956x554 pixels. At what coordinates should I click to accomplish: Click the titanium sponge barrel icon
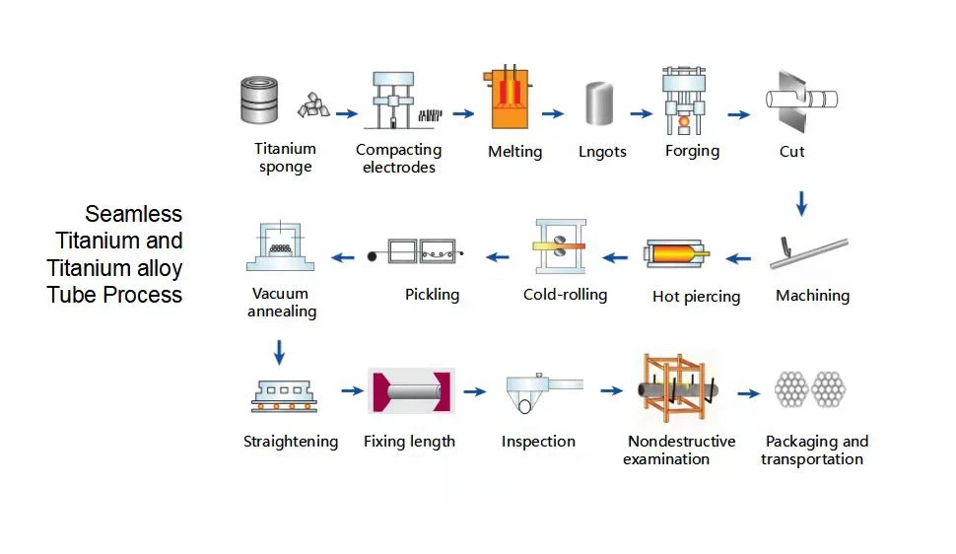point(259,100)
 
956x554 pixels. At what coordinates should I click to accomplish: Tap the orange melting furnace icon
point(508,98)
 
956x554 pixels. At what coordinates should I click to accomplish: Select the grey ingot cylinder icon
point(598,104)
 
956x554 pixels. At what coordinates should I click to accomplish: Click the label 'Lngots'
point(602,151)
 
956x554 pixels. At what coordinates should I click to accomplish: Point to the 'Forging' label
point(692,151)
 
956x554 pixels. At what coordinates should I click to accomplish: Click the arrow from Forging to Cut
point(738,114)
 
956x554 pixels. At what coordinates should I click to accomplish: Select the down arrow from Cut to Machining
point(801,204)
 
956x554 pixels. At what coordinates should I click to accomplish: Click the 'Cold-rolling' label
point(565,295)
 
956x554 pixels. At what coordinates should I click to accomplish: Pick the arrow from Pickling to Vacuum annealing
point(343,257)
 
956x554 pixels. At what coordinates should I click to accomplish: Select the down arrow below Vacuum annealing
point(279,352)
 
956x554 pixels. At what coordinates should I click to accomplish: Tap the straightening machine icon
point(284,396)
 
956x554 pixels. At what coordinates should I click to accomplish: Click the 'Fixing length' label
point(409,441)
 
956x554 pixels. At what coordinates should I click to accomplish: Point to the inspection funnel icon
point(544,393)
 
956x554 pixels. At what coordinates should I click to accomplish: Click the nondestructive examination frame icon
point(677,388)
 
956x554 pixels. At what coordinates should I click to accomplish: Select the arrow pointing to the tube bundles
point(749,393)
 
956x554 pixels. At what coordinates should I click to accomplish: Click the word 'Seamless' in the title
point(133,214)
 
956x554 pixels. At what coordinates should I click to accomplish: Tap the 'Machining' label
point(813,296)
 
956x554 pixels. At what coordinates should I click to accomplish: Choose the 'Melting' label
point(514,152)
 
